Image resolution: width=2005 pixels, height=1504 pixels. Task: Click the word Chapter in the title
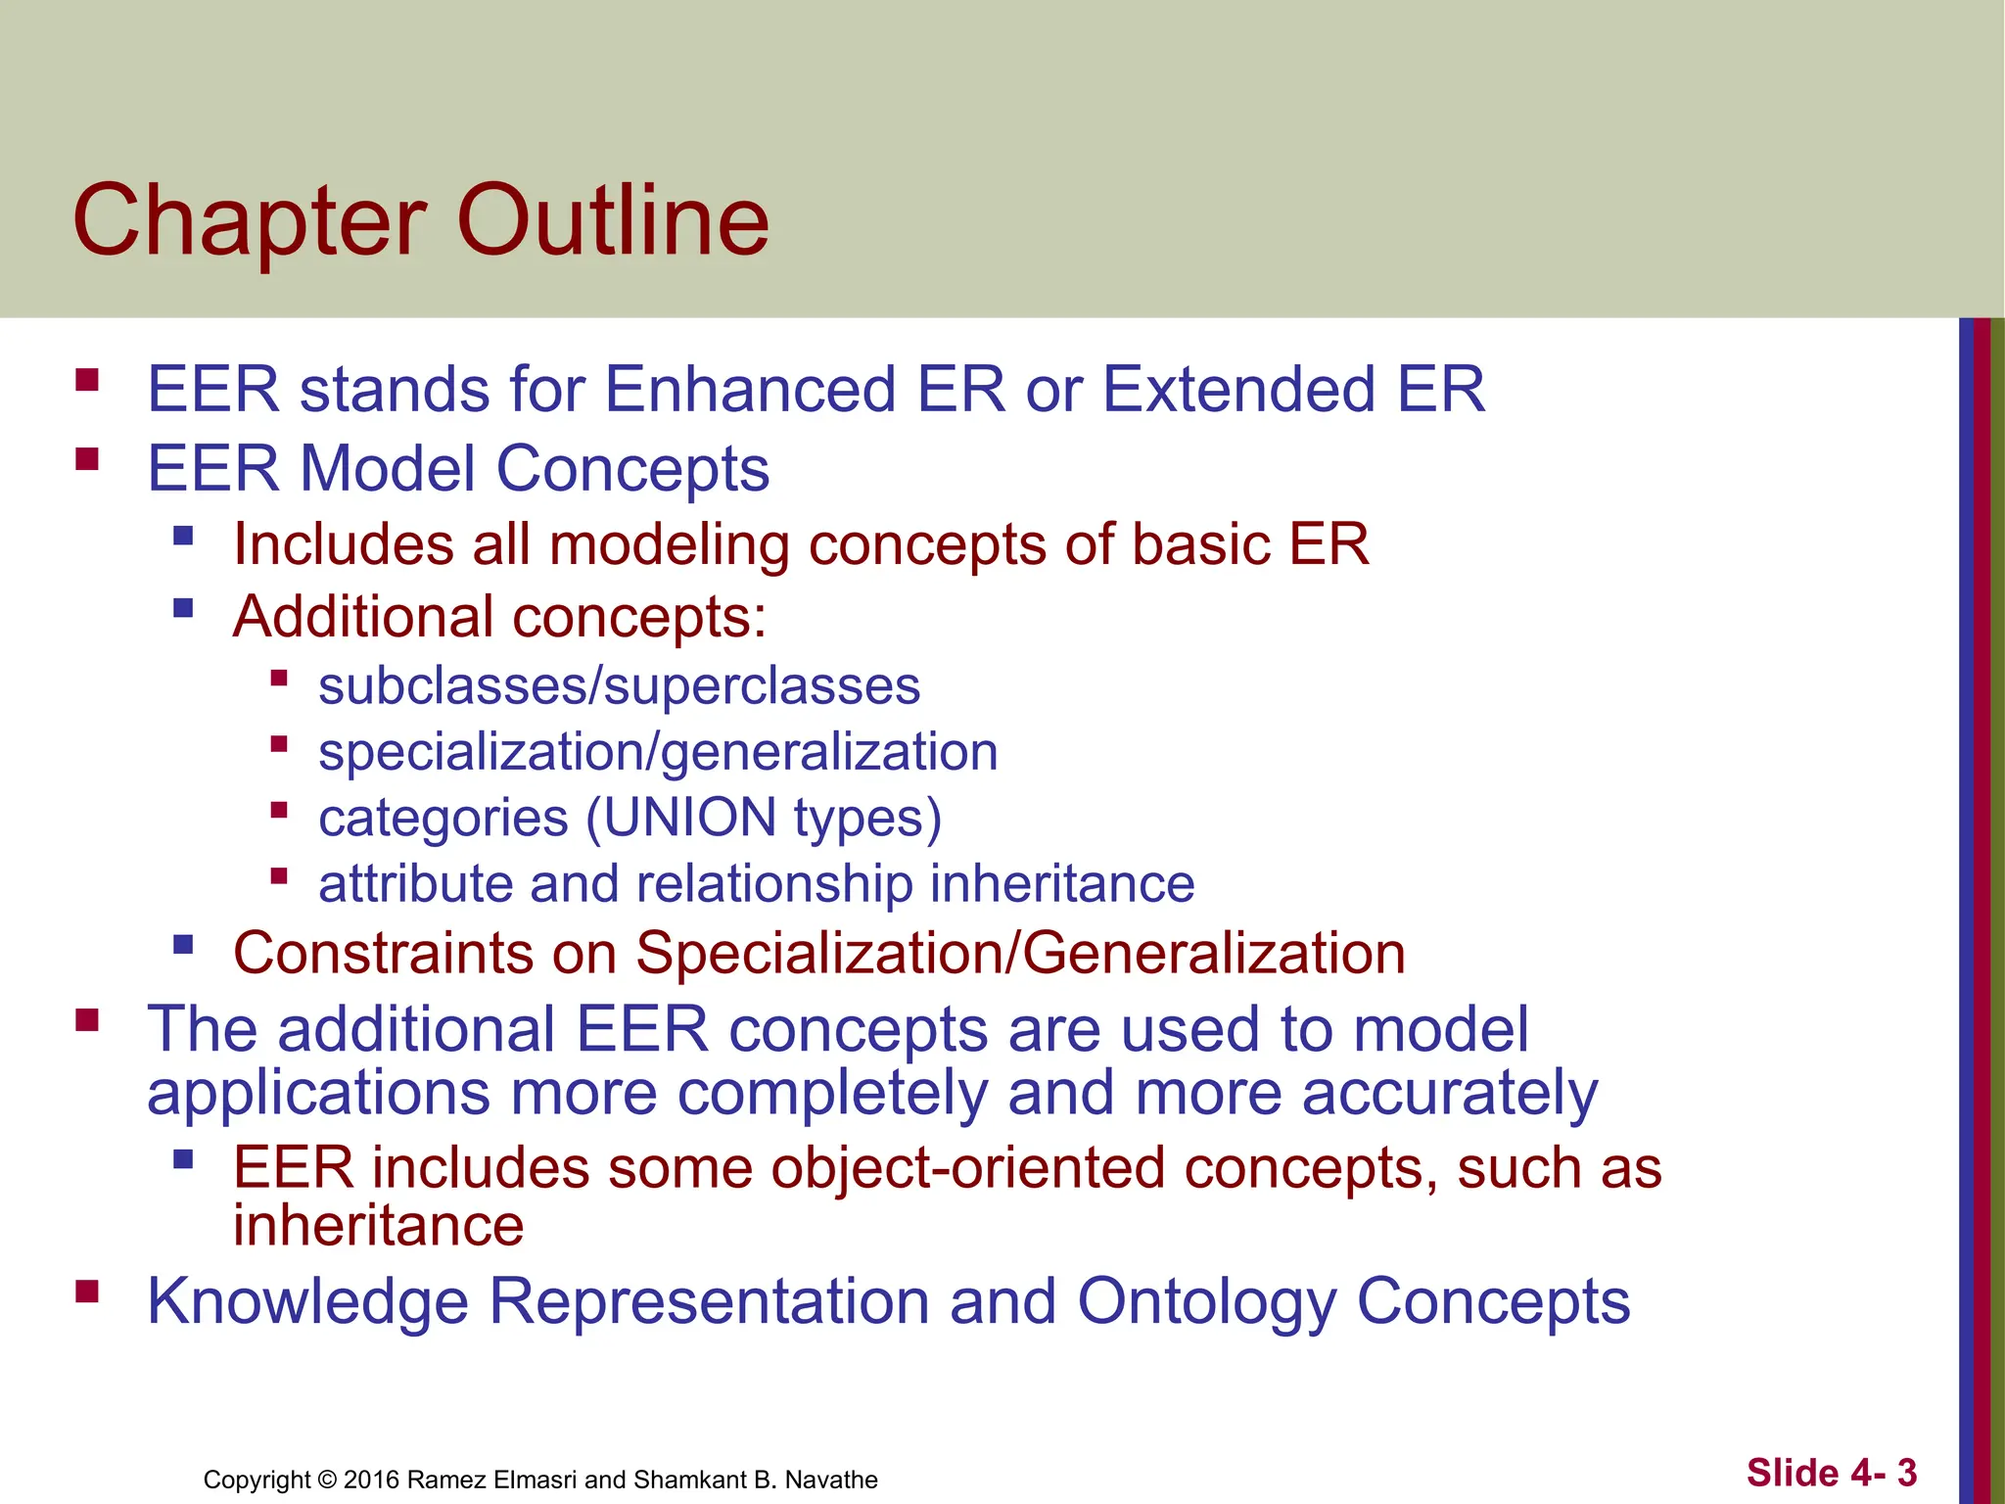click(x=250, y=223)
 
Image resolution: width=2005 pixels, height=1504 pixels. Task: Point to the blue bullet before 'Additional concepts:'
click(x=182, y=609)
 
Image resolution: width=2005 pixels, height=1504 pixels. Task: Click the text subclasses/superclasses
click(x=619, y=685)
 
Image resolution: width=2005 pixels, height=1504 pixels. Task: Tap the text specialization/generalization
click(x=658, y=753)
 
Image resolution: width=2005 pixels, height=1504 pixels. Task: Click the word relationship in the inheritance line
click(x=773, y=883)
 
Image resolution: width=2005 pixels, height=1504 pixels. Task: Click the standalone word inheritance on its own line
click(x=378, y=1226)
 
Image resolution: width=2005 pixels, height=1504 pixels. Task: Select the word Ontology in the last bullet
click(x=1206, y=1301)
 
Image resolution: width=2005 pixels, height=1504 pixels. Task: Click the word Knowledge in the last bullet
click(x=307, y=1303)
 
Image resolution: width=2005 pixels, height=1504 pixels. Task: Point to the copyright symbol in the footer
click(x=327, y=1480)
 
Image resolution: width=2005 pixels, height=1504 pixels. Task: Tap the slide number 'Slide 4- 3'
click(x=1831, y=1473)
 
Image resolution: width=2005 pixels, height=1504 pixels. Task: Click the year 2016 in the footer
click(x=371, y=1480)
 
